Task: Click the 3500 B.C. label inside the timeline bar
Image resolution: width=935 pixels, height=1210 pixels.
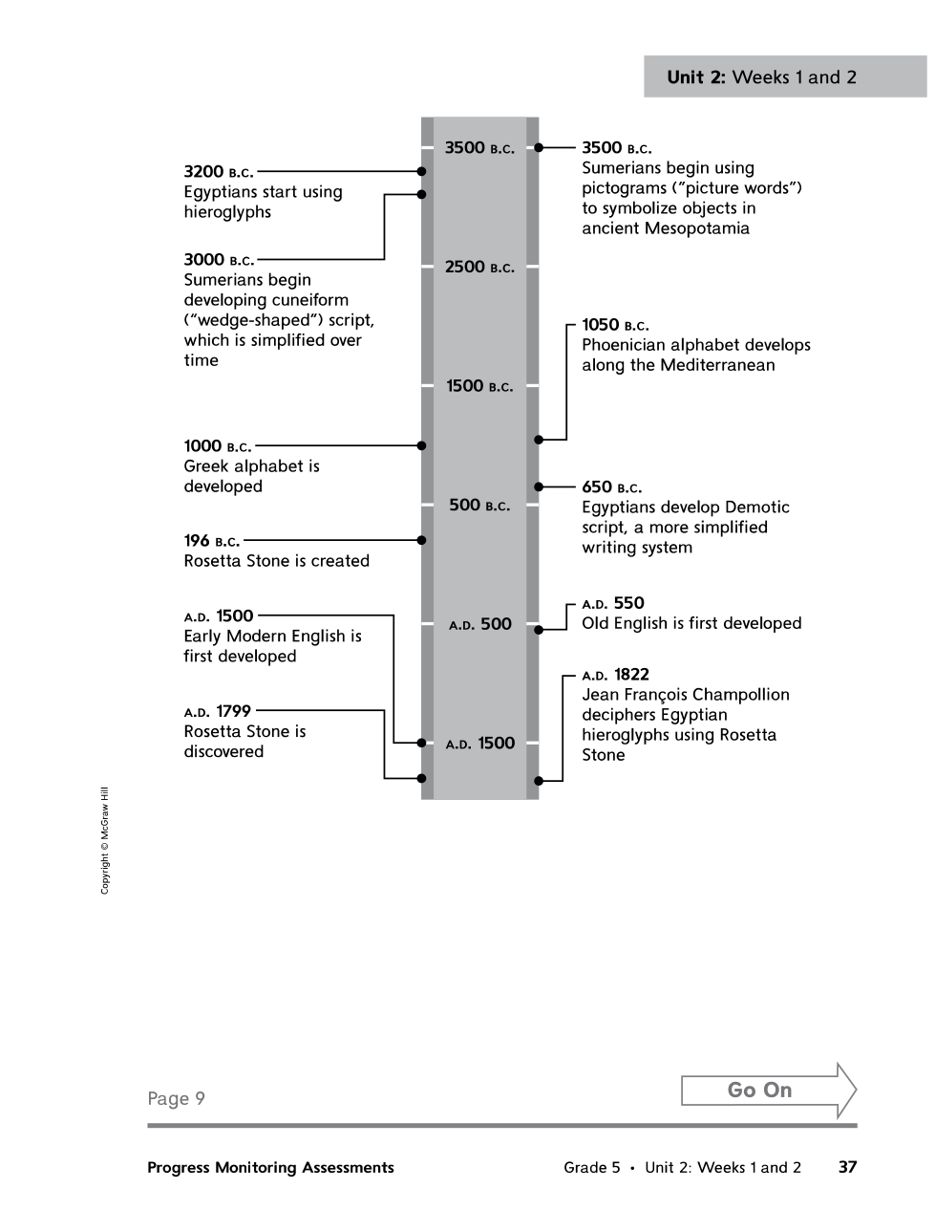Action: pos(479,148)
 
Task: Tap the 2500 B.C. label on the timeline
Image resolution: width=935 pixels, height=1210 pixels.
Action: pos(479,268)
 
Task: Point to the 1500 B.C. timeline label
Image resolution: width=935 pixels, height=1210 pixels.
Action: pos(479,386)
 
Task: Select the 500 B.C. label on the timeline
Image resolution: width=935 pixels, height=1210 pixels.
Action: pos(479,506)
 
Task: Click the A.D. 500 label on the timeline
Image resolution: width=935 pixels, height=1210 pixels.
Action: pos(479,624)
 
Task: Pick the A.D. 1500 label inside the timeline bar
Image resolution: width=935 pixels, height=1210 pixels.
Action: pos(479,744)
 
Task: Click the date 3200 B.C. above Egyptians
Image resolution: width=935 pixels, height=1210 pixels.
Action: pos(219,172)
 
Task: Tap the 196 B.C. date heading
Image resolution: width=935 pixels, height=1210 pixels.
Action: pos(212,541)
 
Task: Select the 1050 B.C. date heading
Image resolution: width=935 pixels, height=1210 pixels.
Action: pos(615,325)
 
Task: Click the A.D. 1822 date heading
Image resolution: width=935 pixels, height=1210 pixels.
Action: pos(615,675)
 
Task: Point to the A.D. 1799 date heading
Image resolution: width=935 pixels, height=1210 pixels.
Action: pos(218,711)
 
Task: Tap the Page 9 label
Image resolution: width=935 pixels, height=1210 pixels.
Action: pos(176,1098)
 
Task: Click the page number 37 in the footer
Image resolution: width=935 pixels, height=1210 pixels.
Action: pos(847,1167)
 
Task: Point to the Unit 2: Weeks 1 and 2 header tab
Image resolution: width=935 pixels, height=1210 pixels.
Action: pos(761,77)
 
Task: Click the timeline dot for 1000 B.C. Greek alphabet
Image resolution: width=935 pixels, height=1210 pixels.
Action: pos(421,445)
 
